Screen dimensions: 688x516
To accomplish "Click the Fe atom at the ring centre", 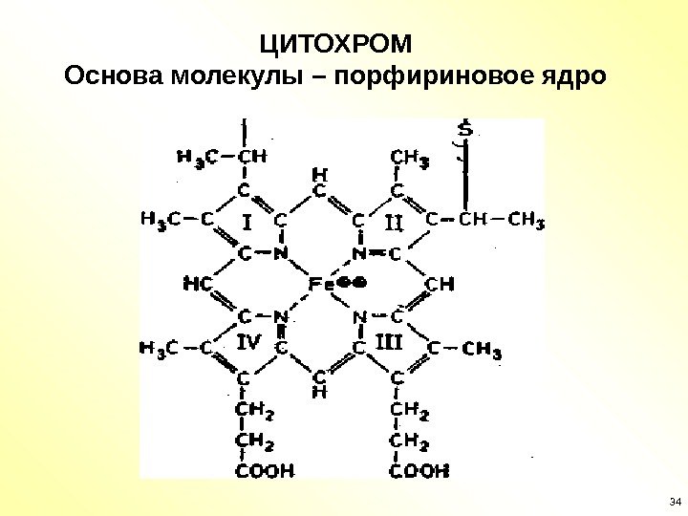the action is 318,285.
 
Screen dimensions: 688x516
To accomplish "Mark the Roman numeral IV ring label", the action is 248,341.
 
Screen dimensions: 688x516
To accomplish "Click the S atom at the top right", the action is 464,129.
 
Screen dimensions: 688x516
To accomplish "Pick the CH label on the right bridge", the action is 440,284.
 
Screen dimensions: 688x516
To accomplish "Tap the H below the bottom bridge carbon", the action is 320,392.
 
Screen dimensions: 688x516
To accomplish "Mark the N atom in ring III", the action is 360,316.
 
